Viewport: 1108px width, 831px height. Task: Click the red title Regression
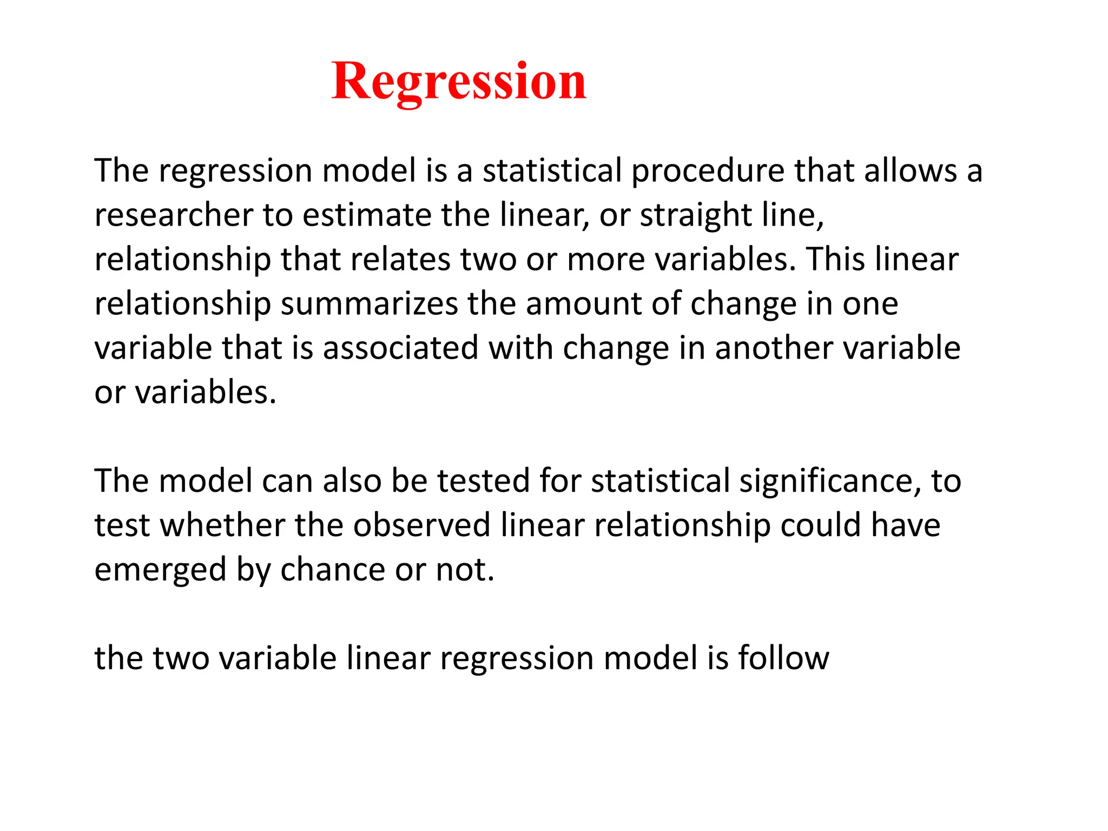[459, 81]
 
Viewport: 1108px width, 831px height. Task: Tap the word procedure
[708, 172]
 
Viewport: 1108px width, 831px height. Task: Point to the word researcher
[174, 215]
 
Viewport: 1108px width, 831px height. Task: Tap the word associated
[400, 348]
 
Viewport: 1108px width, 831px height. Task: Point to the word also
[352, 481]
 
